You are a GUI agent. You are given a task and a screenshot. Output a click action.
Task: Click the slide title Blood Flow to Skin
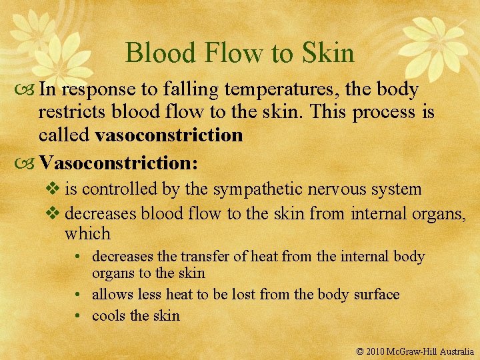[x=239, y=53]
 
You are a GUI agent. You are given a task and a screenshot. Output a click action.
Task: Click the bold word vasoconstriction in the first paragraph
[x=169, y=135]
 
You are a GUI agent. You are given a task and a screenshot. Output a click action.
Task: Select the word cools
[x=109, y=315]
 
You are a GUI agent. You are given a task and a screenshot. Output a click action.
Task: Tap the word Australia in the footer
[x=457, y=351]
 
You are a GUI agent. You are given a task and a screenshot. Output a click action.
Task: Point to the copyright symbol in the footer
[x=361, y=351]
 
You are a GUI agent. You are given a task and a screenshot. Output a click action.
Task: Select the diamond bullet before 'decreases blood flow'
[x=56, y=213]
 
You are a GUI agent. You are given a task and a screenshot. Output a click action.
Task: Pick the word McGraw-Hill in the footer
[x=413, y=351]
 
